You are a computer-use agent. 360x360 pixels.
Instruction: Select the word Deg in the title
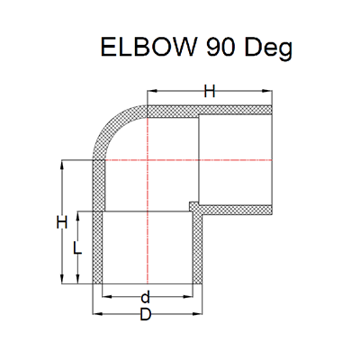pyautogui.click(x=272, y=48)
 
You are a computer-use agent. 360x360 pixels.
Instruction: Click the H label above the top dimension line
pyautogui.click(x=209, y=91)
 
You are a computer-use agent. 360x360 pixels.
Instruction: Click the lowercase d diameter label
pyautogui.click(x=144, y=296)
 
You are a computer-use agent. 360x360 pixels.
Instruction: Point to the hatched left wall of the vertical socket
pyautogui.click(x=98, y=225)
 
